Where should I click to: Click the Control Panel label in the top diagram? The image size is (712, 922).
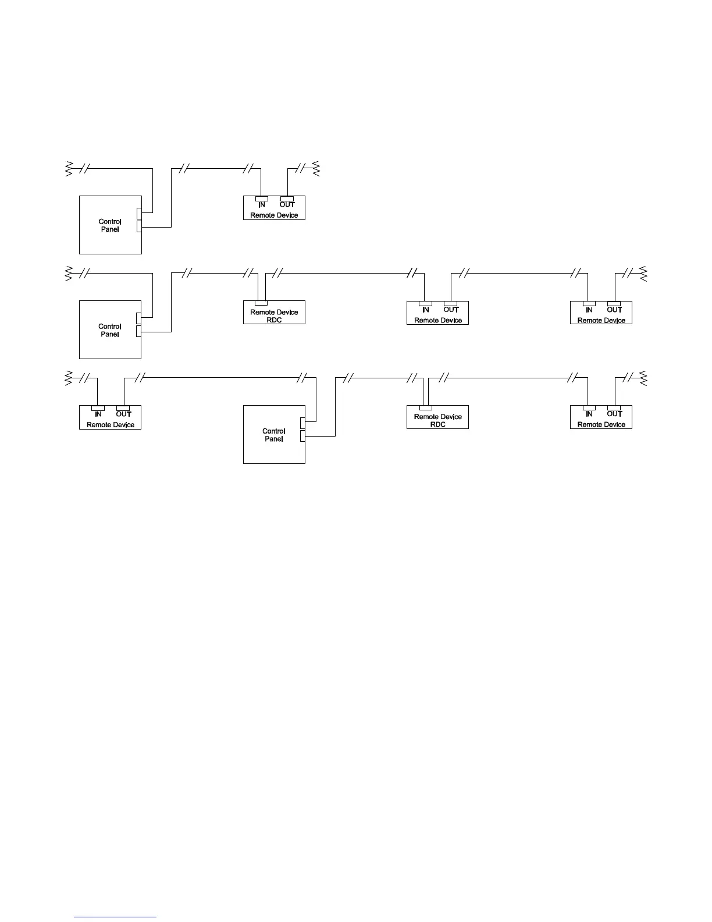(x=110, y=225)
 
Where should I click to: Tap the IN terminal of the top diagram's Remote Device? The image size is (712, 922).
(x=262, y=198)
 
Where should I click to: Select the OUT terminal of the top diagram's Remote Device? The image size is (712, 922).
(x=287, y=198)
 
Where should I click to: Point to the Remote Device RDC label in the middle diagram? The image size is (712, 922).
(x=274, y=316)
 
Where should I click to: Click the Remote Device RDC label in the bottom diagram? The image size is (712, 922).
(x=437, y=420)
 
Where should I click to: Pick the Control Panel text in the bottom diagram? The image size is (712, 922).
(x=274, y=435)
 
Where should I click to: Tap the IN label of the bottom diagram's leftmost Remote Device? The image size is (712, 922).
(x=98, y=414)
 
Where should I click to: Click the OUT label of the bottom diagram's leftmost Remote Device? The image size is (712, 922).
(x=123, y=414)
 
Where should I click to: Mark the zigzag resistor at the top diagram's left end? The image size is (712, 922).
(x=68, y=169)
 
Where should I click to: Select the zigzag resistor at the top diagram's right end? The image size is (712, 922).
(x=316, y=169)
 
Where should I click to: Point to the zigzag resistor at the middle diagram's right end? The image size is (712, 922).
(x=643, y=273)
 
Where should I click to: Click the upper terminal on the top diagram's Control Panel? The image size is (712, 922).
(x=139, y=213)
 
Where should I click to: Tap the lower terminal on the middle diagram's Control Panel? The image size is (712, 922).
(x=139, y=331)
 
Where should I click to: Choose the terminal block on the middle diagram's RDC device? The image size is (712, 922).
(x=261, y=303)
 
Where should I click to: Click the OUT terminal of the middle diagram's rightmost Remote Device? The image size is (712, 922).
(x=614, y=303)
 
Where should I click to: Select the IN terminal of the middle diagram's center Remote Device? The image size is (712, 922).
(x=425, y=303)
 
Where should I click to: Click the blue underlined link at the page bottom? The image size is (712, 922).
(x=116, y=917)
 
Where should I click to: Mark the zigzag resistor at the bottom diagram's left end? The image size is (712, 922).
(x=68, y=378)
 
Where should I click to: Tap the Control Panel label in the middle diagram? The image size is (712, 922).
(x=110, y=330)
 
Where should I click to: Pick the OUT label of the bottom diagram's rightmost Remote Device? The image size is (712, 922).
(x=614, y=414)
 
